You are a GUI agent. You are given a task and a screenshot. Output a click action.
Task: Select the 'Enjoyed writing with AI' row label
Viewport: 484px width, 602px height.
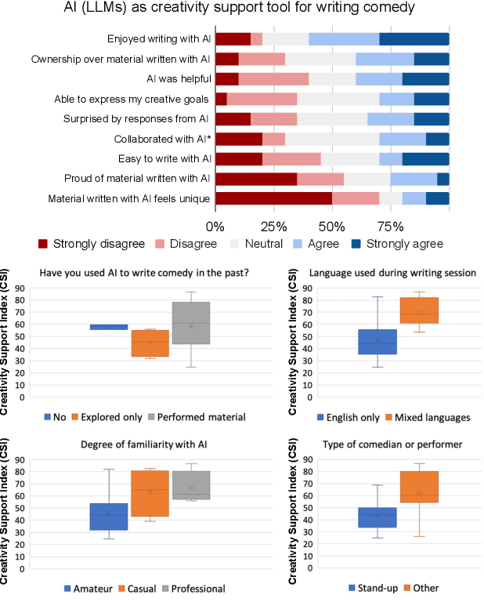click(158, 38)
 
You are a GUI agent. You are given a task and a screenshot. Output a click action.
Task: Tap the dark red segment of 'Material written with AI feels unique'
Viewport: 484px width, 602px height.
click(273, 198)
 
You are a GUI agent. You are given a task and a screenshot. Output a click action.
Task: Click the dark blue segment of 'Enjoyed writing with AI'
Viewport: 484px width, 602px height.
click(414, 38)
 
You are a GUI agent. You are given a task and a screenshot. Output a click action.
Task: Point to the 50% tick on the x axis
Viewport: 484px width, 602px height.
click(332, 226)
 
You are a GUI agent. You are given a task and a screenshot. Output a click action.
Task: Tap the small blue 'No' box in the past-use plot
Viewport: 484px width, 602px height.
click(109, 326)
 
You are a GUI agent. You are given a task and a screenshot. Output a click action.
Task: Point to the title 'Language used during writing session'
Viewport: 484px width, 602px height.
click(387, 273)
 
